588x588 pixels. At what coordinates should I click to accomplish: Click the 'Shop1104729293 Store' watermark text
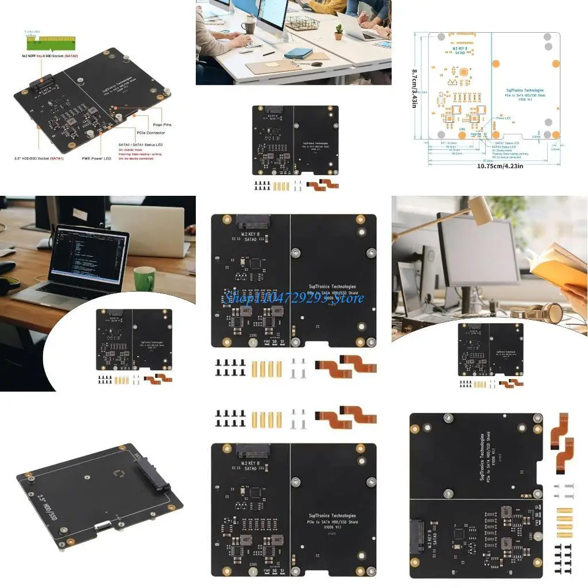click(x=293, y=297)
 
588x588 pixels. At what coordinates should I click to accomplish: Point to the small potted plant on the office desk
click(x=339, y=32)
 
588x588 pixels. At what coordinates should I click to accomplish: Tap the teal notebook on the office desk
click(x=299, y=53)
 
